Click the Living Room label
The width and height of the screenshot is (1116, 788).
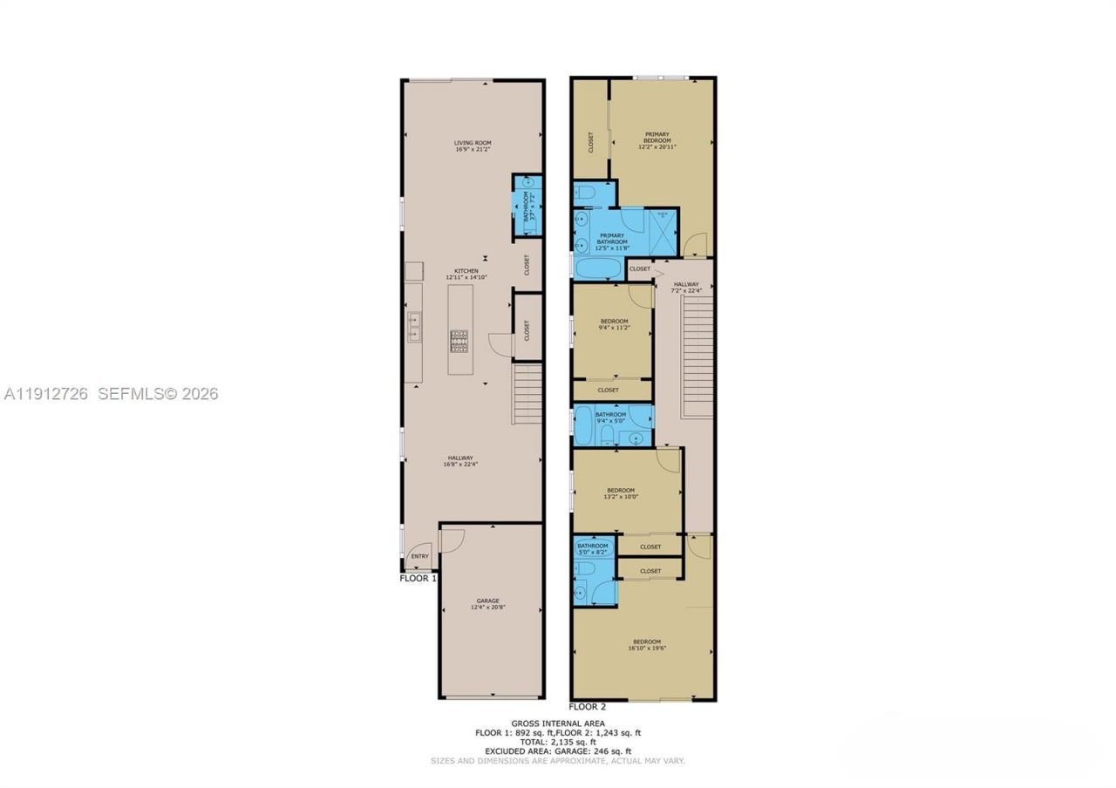473,146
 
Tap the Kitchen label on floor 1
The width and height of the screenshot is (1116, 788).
465,274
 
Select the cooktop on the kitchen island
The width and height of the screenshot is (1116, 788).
459,340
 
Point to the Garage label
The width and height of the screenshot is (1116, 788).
487,604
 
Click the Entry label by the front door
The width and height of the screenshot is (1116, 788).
419,556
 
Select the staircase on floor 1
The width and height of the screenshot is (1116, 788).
527,393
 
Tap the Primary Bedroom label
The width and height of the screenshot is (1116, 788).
657,140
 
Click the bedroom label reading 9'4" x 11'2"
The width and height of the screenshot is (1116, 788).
614,324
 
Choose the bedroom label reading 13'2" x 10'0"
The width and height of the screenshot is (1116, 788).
621,493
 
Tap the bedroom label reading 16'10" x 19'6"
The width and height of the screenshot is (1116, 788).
646,645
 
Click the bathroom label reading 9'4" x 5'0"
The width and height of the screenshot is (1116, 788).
610,418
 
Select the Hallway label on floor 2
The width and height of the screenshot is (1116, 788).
686,287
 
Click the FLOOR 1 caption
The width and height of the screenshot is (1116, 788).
418,578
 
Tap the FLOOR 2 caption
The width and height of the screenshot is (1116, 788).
587,707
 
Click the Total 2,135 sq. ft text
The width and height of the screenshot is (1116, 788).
558,742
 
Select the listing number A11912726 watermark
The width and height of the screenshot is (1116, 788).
46,394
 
